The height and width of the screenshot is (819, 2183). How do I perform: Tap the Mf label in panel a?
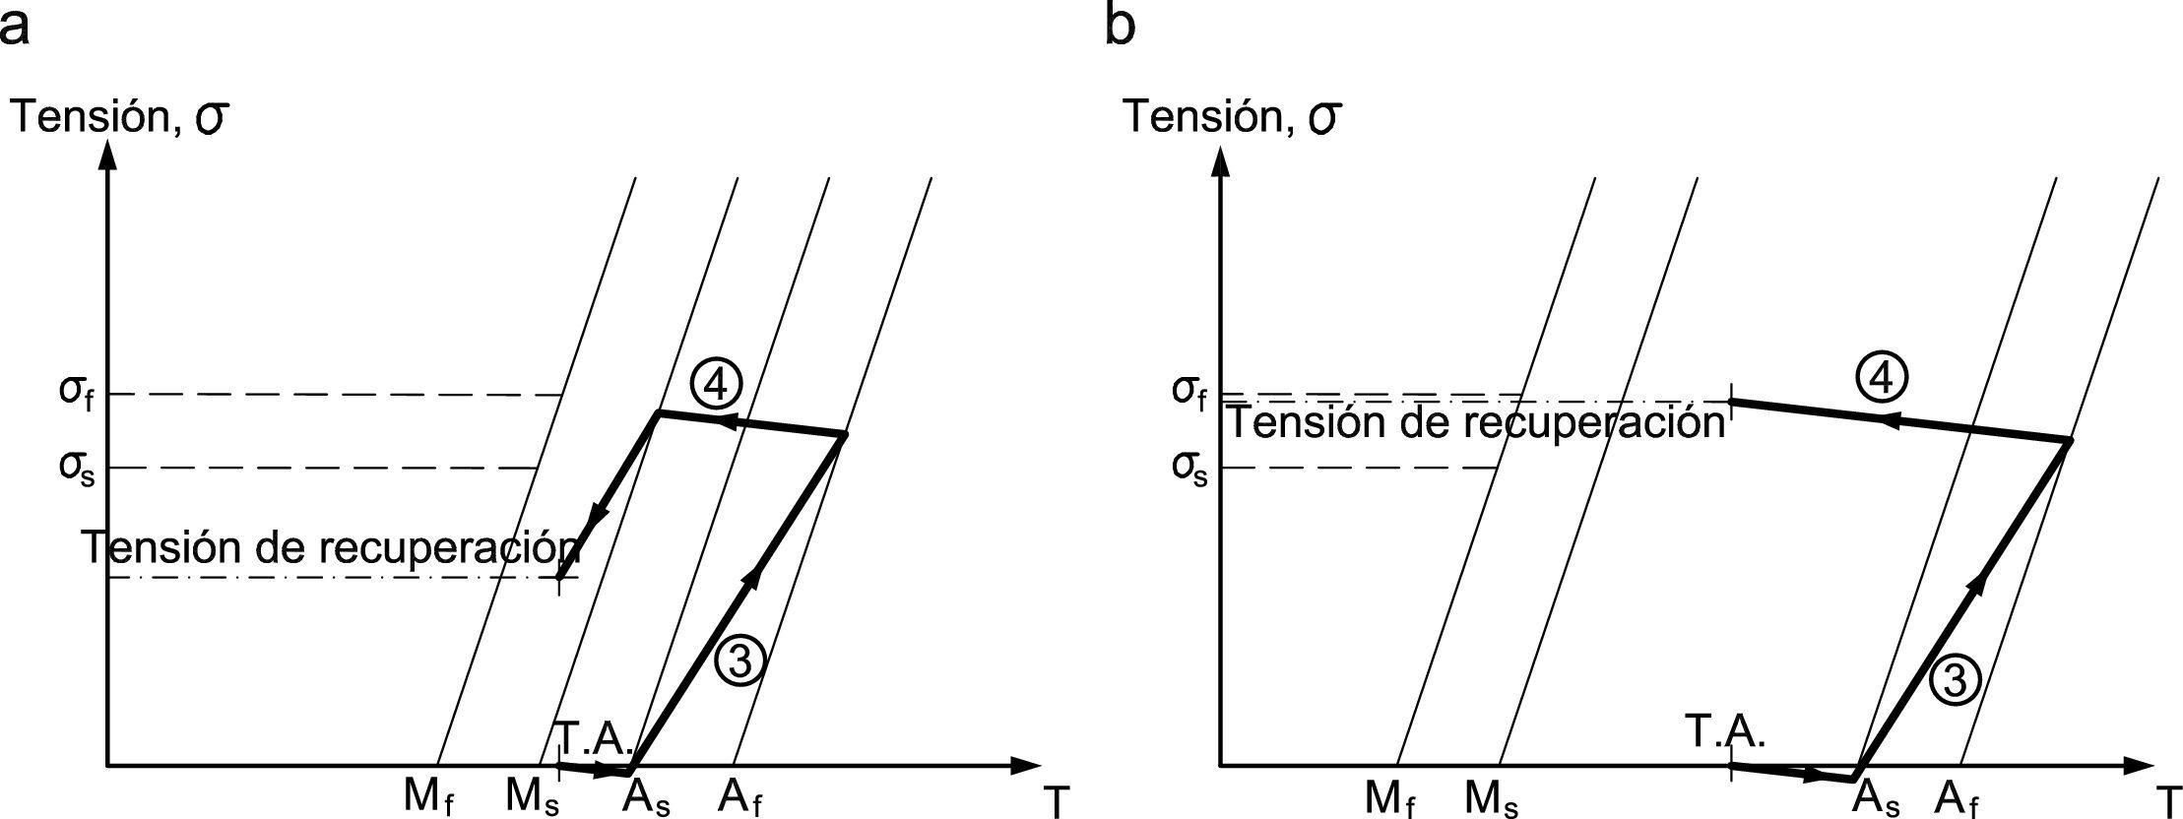click(428, 797)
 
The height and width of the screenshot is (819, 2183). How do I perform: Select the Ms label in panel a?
click(533, 797)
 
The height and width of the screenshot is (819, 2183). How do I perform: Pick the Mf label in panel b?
click(1389, 799)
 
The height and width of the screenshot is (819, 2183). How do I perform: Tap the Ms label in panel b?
click(1492, 799)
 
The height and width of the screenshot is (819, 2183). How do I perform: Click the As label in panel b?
click(1877, 799)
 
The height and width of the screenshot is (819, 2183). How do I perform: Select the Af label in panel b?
click(1956, 799)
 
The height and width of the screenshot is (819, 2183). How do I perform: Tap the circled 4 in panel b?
click(1882, 378)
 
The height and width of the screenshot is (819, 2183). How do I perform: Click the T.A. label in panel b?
click(1725, 732)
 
